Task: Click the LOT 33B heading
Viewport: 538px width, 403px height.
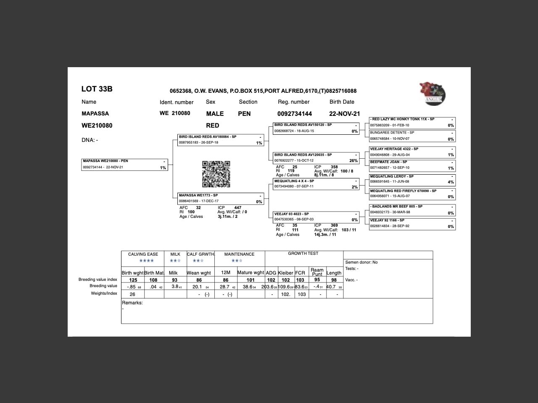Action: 97,89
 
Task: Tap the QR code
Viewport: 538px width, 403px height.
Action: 216,174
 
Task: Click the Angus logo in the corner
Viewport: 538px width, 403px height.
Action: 432,93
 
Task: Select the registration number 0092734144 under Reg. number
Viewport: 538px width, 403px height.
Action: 294,114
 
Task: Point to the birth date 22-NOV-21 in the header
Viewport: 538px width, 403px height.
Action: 344,114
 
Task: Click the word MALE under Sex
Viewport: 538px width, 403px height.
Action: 215,114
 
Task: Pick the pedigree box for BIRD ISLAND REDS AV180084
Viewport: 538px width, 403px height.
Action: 221,140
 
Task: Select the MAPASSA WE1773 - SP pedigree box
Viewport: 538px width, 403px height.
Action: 221,199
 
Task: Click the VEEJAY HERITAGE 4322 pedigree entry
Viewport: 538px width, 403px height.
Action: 412,152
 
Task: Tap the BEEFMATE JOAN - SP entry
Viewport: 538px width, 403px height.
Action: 412,165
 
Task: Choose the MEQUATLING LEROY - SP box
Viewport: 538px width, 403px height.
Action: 412,179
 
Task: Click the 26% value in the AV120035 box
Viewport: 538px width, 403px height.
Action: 353,161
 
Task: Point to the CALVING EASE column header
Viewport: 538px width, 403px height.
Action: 143,254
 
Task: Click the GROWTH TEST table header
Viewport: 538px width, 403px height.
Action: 303,254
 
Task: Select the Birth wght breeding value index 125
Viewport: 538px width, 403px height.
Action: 133,280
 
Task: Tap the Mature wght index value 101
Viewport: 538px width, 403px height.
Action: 251,280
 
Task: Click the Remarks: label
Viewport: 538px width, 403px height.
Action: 132,303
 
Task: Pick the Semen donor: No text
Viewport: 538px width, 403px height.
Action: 361,262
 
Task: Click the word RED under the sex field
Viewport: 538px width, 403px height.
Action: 213,126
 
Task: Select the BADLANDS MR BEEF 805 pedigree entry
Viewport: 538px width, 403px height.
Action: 412,209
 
